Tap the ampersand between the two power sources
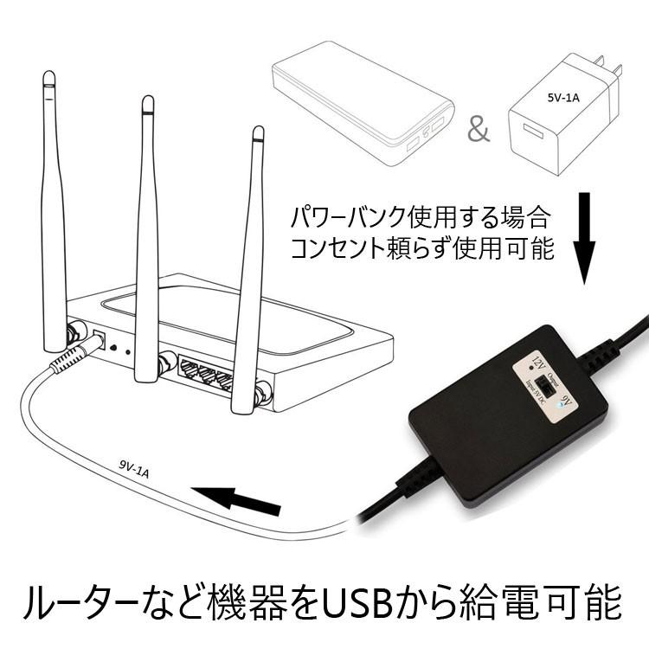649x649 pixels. pyautogui.click(x=478, y=130)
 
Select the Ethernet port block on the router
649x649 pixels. pyautogui.click(x=205, y=372)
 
